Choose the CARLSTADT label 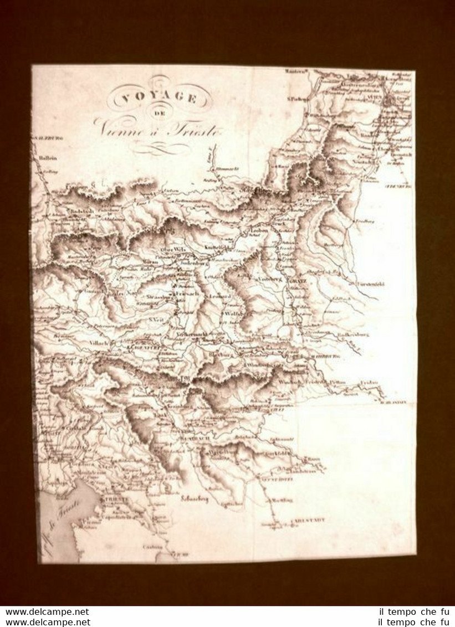click(308, 521)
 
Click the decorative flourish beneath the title click(161, 148)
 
